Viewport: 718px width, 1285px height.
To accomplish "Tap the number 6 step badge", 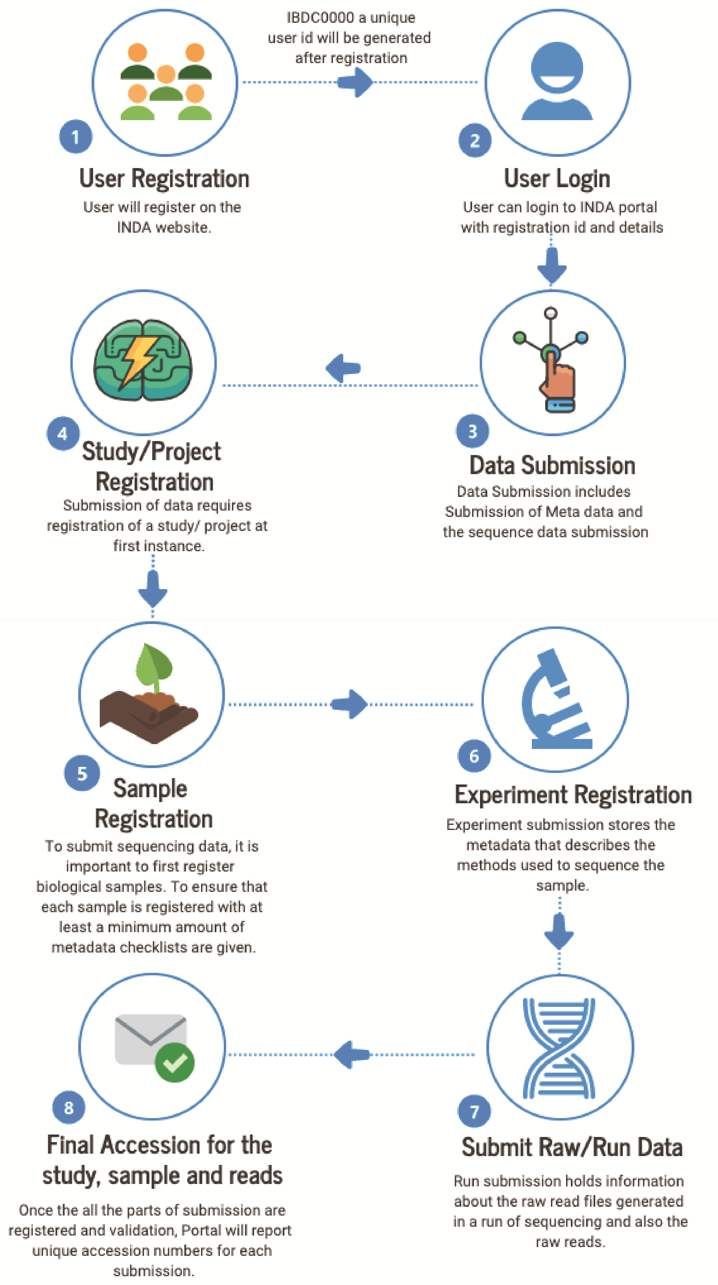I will (x=474, y=756).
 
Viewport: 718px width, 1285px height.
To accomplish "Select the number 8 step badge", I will (x=68, y=1108).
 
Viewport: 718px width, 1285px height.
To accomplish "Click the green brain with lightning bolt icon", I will (x=143, y=360).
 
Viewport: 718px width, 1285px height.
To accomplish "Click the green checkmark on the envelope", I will (x=175, y=1063).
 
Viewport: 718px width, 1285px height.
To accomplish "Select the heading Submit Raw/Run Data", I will (x=572, y=1147).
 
